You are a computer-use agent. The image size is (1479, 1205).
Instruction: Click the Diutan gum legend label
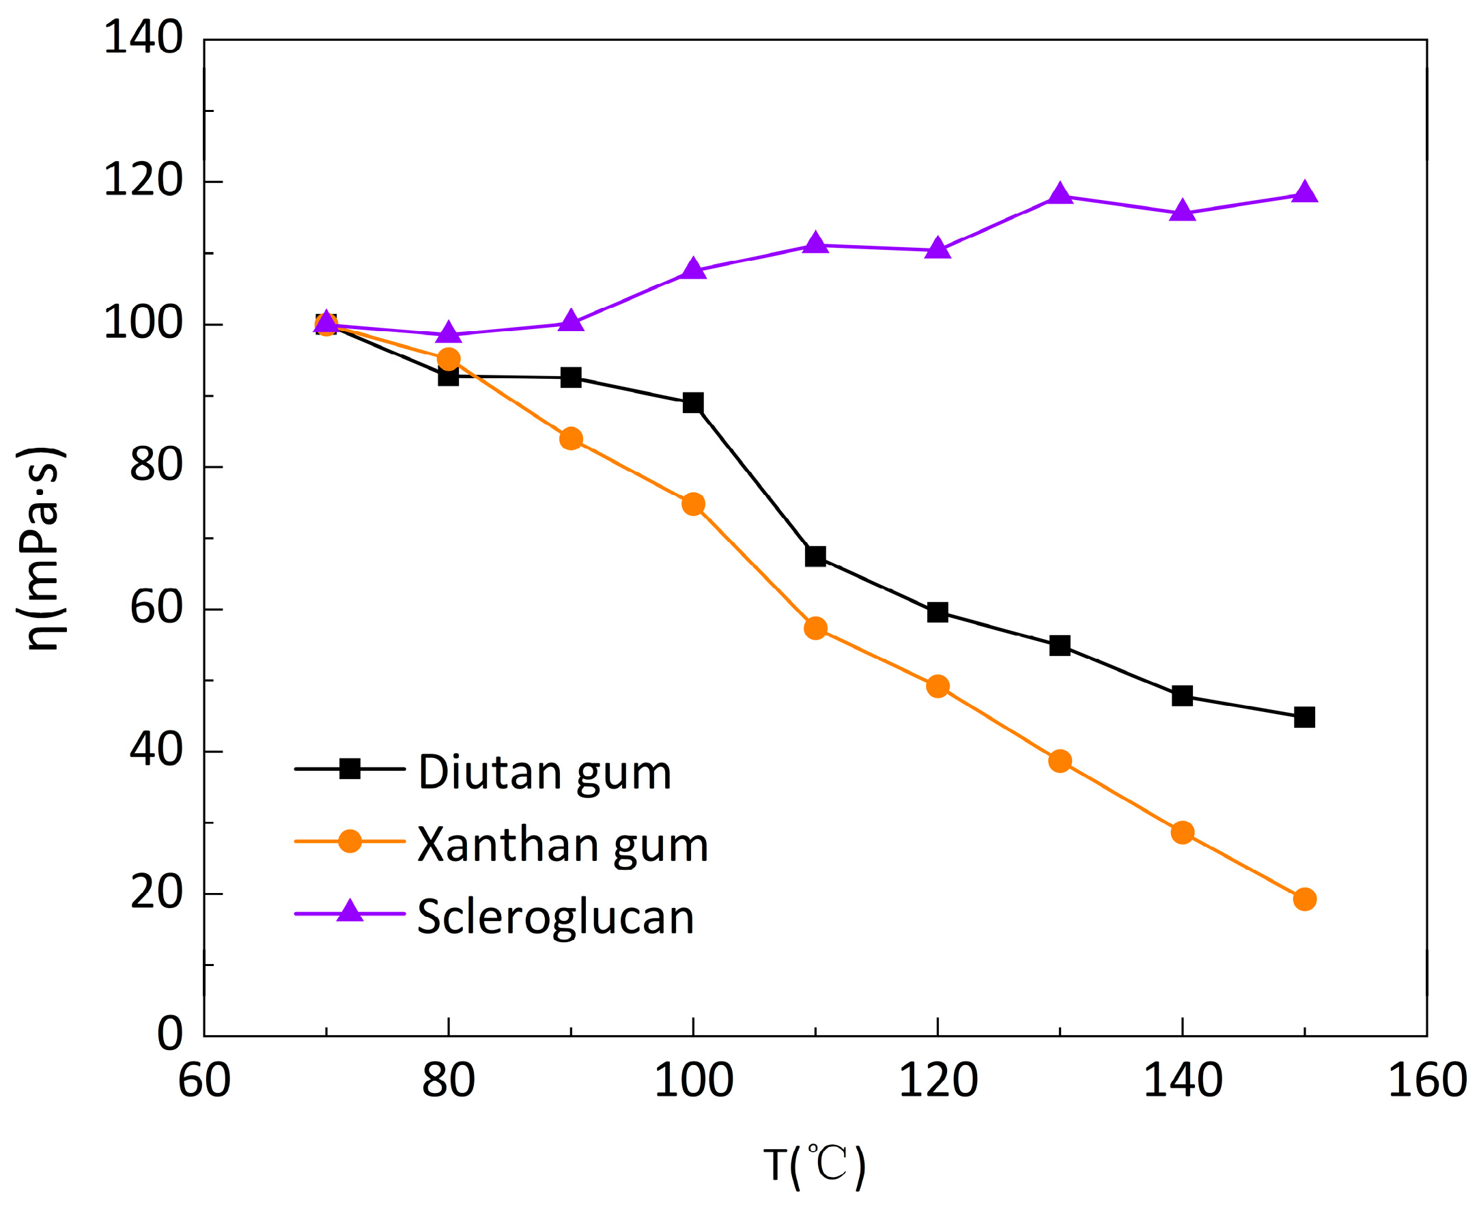tap(544, 773)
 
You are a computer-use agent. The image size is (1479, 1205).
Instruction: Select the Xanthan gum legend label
tap(562, 845)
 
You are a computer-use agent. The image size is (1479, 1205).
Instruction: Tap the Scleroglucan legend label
tap(555, 918)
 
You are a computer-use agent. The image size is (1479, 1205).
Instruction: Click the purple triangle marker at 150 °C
tap(1304, 193)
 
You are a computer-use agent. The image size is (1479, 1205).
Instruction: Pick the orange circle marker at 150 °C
tap(1304, 900)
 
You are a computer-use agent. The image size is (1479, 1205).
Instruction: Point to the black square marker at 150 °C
tap(1304, 717)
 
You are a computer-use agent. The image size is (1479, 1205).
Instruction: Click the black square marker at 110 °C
tap(815, 556)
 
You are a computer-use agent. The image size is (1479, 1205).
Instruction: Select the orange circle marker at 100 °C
tap(693, 504)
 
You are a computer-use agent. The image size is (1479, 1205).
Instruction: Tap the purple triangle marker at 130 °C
tap(1060, 195)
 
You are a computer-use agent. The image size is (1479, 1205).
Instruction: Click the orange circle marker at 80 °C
tap(449, 359)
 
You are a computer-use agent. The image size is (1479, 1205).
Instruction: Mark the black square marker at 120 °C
tap(938, 612)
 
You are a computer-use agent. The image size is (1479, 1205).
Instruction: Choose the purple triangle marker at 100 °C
tap(693, 269)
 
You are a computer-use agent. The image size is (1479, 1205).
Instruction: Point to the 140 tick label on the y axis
tap(143, 38)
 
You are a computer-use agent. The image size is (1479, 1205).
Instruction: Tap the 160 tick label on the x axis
tap(1427, 1081)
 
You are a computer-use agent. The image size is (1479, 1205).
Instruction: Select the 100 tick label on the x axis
tap(693, 1081)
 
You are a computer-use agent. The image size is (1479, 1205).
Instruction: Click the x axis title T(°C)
tap(815, 1165)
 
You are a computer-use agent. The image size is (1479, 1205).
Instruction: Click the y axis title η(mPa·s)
tap(42, 548)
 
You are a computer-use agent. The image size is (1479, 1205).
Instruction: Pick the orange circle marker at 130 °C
tap(1060, 761)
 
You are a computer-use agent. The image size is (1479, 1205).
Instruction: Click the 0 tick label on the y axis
tap(169, 1034)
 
